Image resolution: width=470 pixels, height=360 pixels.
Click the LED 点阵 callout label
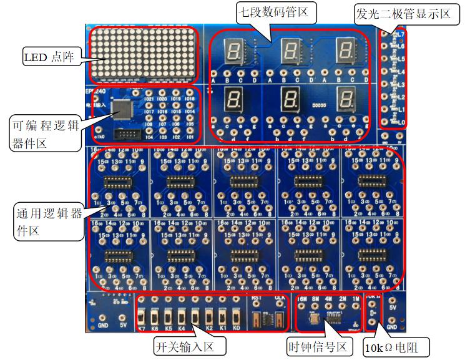pyautogui.click(x=49, y=58)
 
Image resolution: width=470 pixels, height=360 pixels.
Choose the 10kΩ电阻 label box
pyautogui.click(x=398, y=346)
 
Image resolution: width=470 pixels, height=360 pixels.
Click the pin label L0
pyautogui.click(x=402, y=122)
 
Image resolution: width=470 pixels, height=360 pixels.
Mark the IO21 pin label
pyautogui.click(x=150, y=100)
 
